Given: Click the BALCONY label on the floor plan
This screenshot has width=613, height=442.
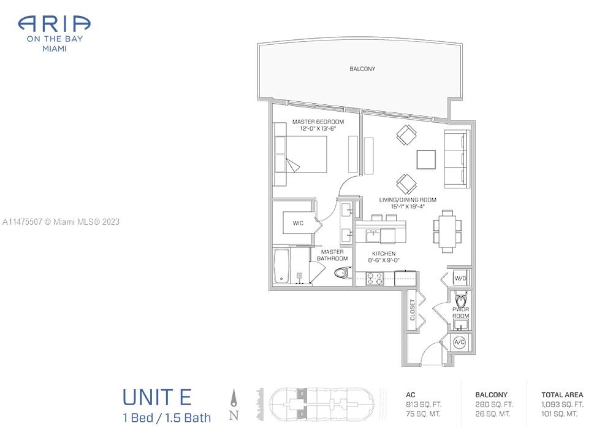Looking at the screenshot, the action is (x=362, y=69).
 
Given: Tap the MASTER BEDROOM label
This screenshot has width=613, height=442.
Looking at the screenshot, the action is (x=318, y=122).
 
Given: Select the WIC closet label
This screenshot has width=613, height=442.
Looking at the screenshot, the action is (x=298, y=223).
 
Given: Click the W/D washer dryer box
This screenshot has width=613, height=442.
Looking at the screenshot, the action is (x=460, y=278).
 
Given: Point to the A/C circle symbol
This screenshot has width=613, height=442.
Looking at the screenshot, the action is (x=459, y=342).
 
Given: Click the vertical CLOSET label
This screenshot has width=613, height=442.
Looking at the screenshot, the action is (x=412, y=310).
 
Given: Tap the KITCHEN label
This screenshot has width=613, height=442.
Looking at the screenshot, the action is (x=384, y=254).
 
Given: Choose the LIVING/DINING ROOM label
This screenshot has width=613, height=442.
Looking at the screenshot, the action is (x=408, y=200).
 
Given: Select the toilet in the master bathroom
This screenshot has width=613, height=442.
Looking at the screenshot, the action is (x=343, y=272).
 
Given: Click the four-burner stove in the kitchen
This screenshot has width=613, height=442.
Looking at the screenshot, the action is (x=375, y=278).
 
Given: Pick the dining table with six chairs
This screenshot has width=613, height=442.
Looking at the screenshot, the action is (x=447, y=231).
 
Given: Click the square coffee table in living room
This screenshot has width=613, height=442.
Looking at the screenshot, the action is (x=426, y=160).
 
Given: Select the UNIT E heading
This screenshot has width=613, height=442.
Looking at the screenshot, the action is (x=157, y=397).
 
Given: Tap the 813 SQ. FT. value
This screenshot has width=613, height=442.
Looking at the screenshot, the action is (x=424, y=405).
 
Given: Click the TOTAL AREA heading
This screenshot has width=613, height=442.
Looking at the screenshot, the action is (x=562, y=395).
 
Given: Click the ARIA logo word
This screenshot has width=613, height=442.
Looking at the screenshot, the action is (x=55, y=24).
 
